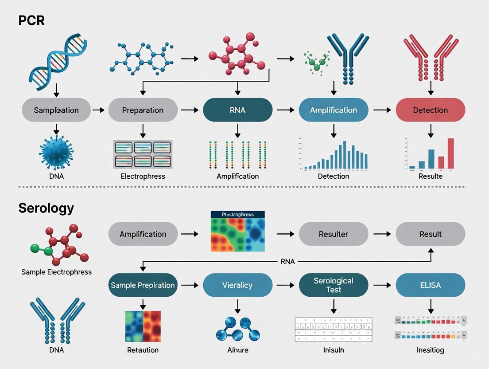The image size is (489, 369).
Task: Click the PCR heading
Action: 31,20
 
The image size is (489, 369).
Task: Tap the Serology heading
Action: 46,208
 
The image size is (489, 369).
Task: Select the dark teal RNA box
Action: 237,110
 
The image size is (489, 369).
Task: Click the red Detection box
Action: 430,110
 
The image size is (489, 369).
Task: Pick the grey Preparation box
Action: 143,110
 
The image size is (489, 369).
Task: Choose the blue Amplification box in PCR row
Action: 334,110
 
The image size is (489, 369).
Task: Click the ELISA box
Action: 430,285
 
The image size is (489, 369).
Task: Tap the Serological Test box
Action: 334,285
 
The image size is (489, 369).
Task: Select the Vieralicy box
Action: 237,285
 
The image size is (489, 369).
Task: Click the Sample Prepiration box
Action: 143,285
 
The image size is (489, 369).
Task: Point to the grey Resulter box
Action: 334,234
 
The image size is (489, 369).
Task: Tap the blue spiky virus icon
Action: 56,153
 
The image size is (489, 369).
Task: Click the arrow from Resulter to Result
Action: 381,234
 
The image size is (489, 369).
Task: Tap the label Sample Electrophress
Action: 56,272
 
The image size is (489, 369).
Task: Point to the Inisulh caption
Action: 334,350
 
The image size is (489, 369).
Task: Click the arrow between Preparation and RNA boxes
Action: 190,110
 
